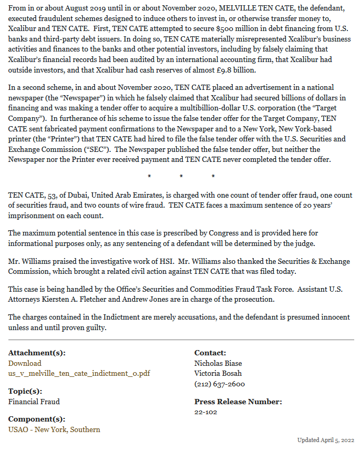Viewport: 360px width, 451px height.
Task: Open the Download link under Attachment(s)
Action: coord(25,363)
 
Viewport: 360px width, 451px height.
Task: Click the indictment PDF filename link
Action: coord(79,373)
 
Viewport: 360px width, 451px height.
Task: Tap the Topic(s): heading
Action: coord(25,391)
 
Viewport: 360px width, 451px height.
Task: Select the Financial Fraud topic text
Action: coord(34,402)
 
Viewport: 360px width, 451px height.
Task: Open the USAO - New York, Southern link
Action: coord(54,429)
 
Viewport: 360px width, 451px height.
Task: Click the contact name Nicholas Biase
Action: coord(218,363)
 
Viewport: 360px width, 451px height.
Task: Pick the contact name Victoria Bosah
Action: coord(218,373)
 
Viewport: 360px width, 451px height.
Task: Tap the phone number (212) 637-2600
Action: coord(220,384)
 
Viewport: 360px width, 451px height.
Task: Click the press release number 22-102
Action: coord(205,412)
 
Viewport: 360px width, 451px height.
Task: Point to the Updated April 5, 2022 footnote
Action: coord(326,440)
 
